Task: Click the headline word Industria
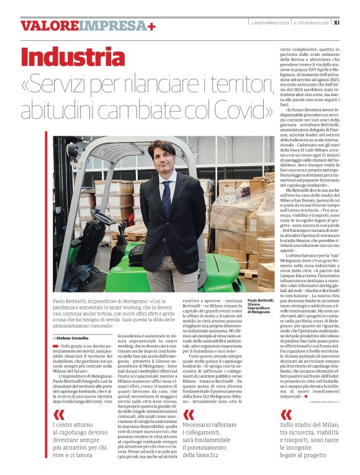(73, 57)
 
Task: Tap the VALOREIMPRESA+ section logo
(87, 25)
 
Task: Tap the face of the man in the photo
(163, 159)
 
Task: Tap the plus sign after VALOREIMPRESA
(151, 25)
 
